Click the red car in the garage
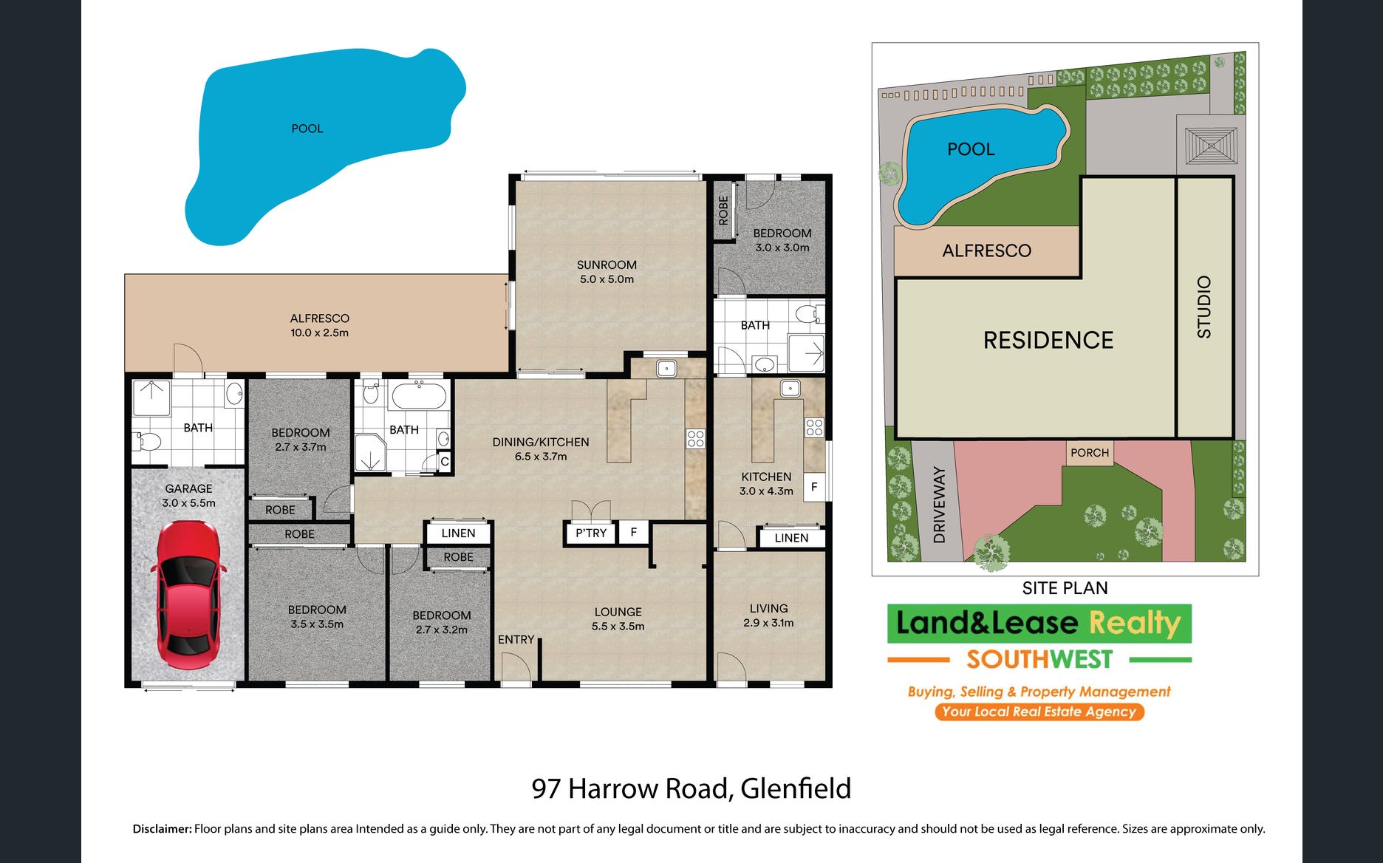coord(188,595)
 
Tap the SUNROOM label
coord(607,265)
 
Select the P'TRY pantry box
coord(590,533)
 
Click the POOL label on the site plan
coord(971,149)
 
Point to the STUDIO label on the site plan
coord(1204,307)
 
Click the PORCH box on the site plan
coord(1090,452)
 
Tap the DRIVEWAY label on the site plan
coord(939,505)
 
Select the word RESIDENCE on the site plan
coord(1048,340)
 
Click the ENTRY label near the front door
coord(516,639)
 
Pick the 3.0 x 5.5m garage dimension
coord(189,503)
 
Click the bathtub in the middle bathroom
coord(419,396)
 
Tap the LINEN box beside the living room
coord(791,538)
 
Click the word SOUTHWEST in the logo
coord(1039,659)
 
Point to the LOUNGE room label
coord(618,612)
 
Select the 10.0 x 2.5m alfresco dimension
coord(319,333)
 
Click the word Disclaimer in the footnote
coord(162,829)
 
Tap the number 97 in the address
coord(546,789)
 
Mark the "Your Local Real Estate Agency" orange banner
coord(1039,712)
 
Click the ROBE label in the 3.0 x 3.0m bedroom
coord(723,211)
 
